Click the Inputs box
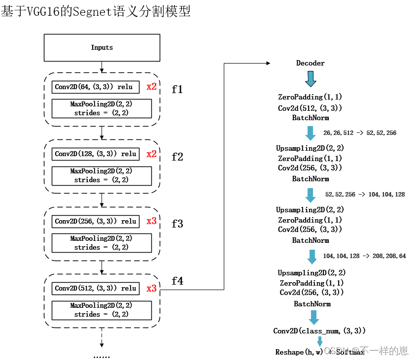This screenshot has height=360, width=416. click(x=102, y=48)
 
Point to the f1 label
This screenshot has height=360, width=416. click(x=177, y=90)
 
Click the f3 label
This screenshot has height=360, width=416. click(x=177, y=224)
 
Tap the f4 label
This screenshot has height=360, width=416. click(x=177, y=281)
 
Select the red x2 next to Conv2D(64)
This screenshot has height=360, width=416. click(x=151, y=87)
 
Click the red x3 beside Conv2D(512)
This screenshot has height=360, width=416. click(x=151, y=288)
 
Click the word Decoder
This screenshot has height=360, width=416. click(x=310, y=63)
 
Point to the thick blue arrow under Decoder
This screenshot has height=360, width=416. click(x=311, y=79)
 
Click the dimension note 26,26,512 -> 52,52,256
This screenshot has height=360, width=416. click(x=360, y=133)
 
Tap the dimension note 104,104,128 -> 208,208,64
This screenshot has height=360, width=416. click(x=364, y=256)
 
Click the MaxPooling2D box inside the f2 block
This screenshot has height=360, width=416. click(x=102, y=175)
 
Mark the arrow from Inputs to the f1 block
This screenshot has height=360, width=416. click(x=102, y=66)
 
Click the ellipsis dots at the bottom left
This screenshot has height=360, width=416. click(x=102, y=356)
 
